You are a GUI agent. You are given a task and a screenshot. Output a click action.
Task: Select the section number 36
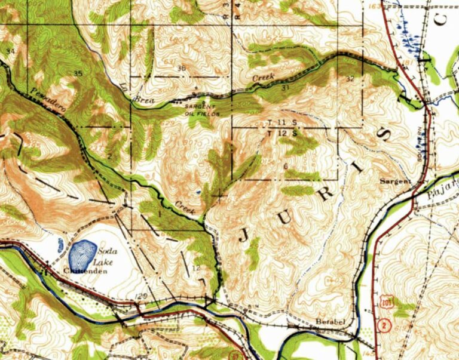point(181,68)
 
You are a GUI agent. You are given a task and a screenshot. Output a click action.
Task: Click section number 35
point(78,73)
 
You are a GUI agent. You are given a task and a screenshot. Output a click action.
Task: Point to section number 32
point(350,79)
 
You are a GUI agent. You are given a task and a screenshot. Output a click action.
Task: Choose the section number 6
point(286,166)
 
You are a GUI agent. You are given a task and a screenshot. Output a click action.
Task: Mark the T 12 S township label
point(283,133)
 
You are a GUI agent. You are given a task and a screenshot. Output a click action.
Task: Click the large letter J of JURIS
point(245,234)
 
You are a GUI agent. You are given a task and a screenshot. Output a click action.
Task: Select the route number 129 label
point(141,296)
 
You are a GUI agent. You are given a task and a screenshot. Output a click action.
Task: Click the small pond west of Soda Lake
point(60,245)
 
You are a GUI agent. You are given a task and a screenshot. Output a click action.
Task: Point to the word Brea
point(146,101)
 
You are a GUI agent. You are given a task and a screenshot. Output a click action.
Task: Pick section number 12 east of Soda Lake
point(196,267)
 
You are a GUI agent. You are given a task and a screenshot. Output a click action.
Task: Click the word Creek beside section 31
point(263,78)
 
